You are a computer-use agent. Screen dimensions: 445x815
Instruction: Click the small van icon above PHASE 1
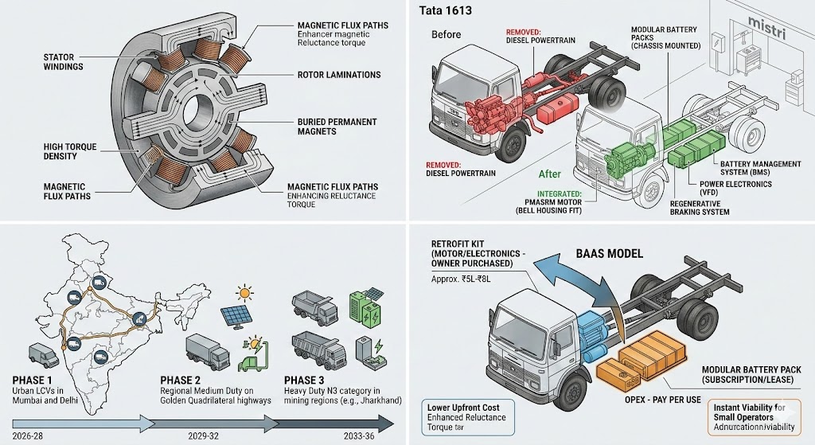pos(42,351)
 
